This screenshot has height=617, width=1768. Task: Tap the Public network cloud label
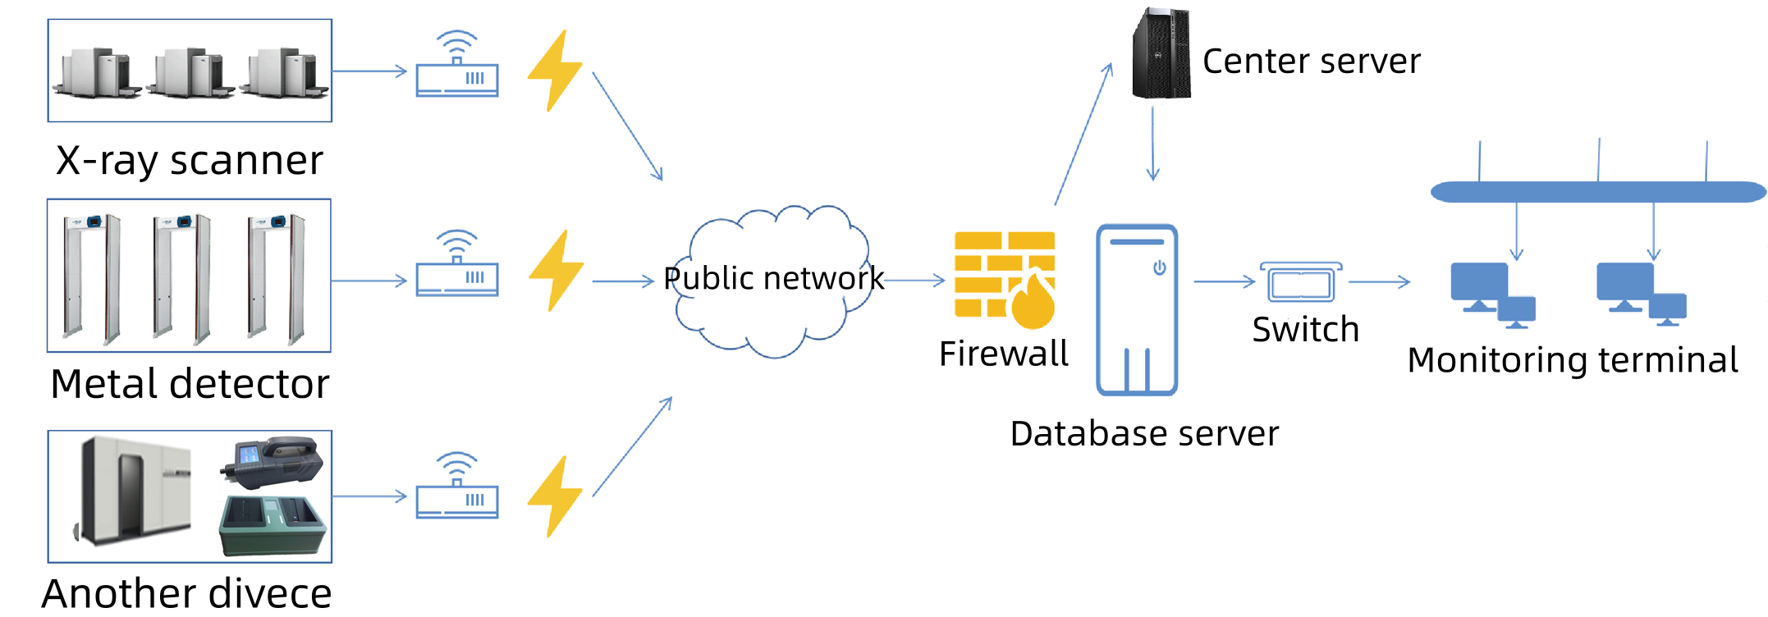(773, 279)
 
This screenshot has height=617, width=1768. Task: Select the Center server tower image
(1161, 54)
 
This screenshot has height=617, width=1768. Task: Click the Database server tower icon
(1137, 310)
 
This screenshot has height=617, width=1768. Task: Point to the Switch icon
(1301, 283)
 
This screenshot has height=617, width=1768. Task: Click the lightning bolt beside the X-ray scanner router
(555, 71)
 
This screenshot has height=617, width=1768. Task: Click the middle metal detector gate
(182, 277)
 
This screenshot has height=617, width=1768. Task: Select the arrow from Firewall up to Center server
(1083, 135)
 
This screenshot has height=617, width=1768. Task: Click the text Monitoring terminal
(1572, 360)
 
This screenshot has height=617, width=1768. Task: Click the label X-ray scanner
(190, 160)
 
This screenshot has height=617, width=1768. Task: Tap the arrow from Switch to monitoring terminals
(1379, 282)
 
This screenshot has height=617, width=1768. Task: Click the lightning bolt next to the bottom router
(555, 496)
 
